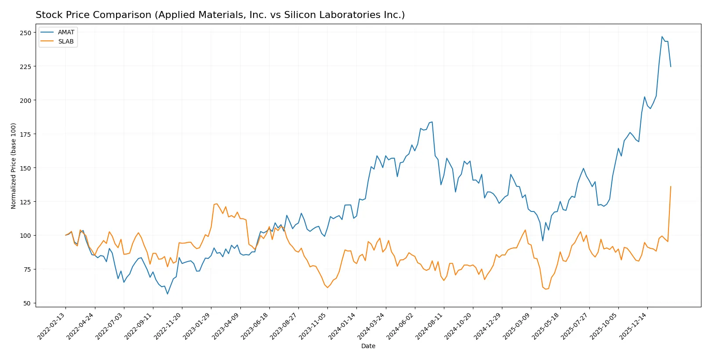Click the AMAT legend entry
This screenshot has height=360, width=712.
tap(66, 32)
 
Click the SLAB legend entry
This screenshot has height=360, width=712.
tap(66, 41)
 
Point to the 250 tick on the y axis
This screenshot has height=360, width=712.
tap(25, 33)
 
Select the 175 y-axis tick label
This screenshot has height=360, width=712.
tap(25, 134)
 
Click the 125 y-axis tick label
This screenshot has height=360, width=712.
tap(25, 202)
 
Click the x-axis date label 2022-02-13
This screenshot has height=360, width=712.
tap(52, 326)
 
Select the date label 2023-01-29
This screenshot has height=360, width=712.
tap(197, 326)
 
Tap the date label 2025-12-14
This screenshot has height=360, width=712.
tap(634, 326)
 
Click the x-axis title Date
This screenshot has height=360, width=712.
tap(368, 346)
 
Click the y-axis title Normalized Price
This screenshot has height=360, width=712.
tap(14, 166)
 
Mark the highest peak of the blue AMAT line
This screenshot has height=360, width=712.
tap(662, 36)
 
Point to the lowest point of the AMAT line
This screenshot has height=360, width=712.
tap(167, 294)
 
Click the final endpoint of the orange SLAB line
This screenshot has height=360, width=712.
tap(671, 186)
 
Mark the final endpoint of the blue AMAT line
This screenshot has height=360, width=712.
tap(671, 67)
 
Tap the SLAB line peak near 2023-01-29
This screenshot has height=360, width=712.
tap(217, 204)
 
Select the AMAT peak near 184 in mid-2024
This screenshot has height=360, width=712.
tap(432, 122)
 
